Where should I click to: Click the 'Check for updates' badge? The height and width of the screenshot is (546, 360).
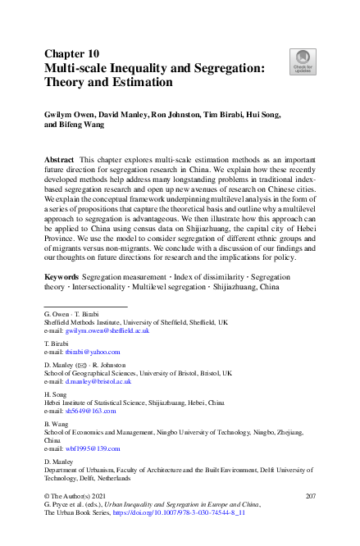pos(302,60)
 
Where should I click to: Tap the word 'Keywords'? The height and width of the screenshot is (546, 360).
pos(62,280)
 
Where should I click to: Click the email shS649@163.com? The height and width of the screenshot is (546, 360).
pos(90,410)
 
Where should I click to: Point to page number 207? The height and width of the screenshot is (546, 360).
pos(310,497)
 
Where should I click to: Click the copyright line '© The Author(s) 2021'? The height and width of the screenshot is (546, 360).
pos(79,497)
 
